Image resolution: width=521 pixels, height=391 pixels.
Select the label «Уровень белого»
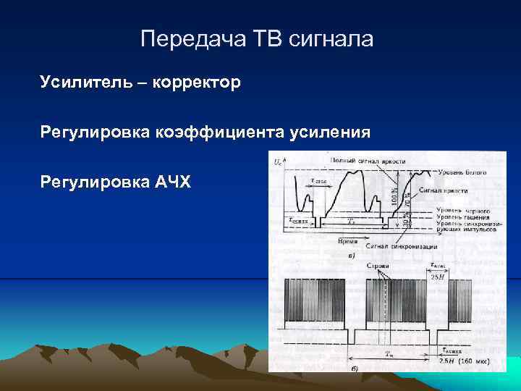click(x=462, y=172)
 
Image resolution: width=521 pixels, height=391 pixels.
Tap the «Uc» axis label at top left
click(x=279, y=164)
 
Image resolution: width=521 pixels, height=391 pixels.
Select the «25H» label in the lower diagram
click(x=437, y=276)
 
